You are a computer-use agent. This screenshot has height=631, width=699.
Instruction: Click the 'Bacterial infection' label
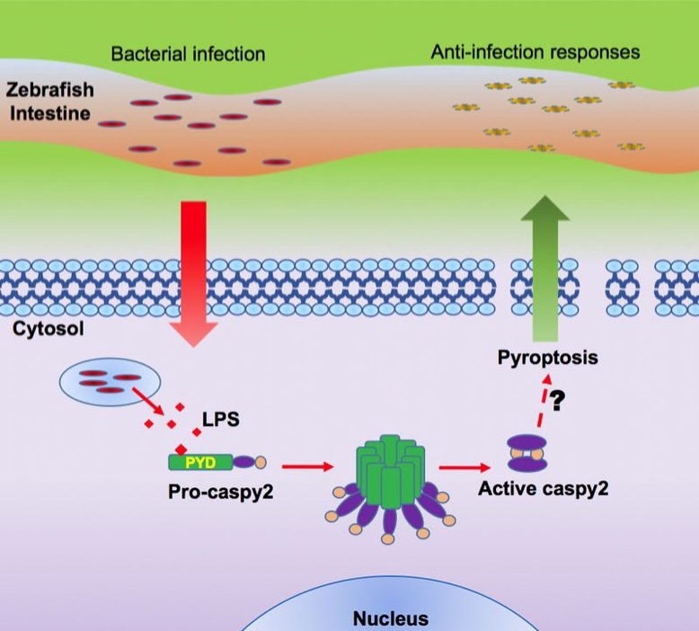click(188, 54)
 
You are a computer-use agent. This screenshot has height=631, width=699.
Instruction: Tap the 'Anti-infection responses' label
click(535, 52)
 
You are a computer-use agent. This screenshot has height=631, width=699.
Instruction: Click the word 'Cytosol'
click(49, 329)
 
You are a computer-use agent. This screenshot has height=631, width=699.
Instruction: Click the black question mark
click(557, 402)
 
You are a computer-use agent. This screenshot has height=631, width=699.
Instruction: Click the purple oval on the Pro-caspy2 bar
click(244, 463)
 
